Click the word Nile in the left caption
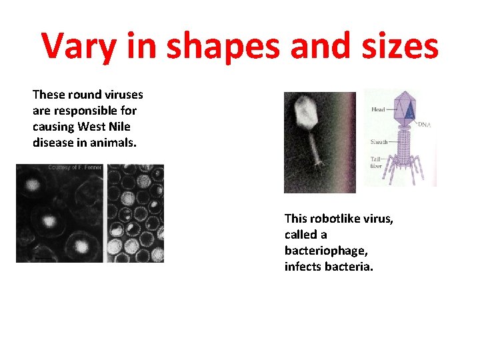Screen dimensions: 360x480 click(117, 127)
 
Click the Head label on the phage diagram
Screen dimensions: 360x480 click(378, 109)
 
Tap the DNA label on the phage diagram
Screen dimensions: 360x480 click(424, 125)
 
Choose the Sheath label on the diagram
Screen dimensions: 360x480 click(380, 141)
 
